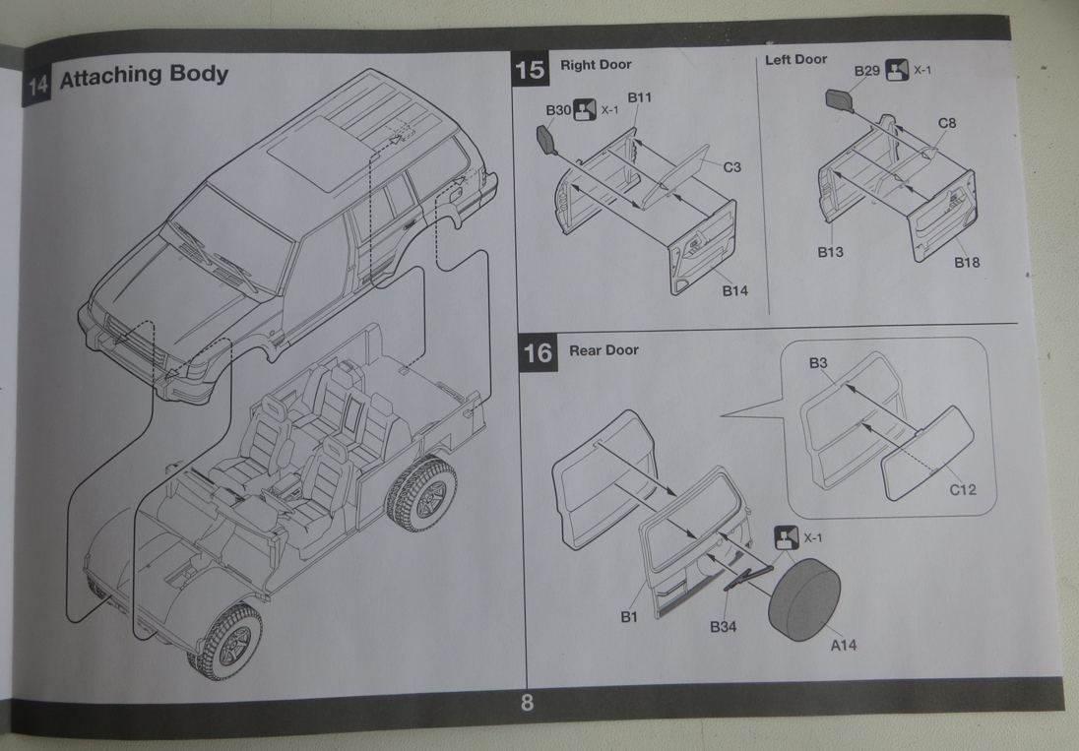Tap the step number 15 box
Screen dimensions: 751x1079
click(x=529, y=70)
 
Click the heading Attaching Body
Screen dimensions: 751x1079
click(x=144, y=76)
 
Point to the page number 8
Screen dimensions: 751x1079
click(x=527, y=704)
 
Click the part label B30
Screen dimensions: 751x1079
click(x=557, y=110)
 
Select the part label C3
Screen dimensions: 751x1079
click(x=731, y=167)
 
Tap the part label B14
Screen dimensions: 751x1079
click(x=735, y=290)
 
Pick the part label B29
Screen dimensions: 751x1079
click(x=867, y=71)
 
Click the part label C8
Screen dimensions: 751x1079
click(x=947, y=123)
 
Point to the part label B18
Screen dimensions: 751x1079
click(x=966, y=262)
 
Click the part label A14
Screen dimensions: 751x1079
click(x=843, y=645)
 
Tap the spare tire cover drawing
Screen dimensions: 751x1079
click(x=804, y=596)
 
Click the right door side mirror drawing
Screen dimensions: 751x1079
click(x=546, y=140)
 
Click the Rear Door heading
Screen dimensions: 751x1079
click(x=603, y=350)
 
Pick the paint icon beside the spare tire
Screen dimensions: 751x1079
click(x=786, y=537)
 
